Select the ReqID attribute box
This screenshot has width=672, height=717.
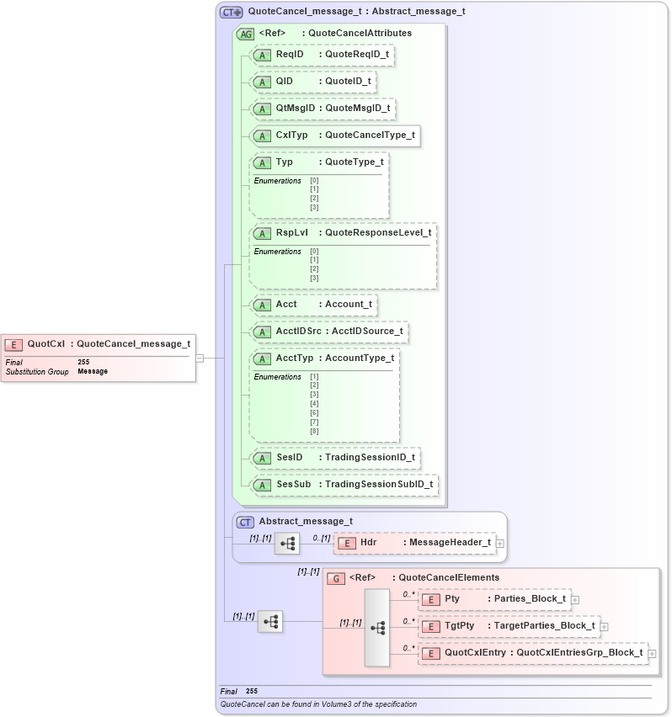(x=323, y=55)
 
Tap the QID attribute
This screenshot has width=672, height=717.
(x=313, y=82)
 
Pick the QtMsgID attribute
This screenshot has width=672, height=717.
(x=323, y=109)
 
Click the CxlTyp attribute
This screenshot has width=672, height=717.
(x=335, y=135)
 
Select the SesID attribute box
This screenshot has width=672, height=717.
(x=336, y=457)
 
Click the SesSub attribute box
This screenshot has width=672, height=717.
(x=344, y=484)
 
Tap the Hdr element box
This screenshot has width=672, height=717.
(x=416, y=543)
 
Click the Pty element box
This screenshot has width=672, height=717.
(x=495, y=599)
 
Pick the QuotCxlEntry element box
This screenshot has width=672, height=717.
(x=532, y=653)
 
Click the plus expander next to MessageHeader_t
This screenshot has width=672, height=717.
(x=500, y=544)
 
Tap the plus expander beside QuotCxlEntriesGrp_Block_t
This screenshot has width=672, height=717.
(x=652, y=654)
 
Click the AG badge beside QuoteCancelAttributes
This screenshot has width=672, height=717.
(x=246, y=34)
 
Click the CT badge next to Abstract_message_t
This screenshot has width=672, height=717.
(x=245, y=522)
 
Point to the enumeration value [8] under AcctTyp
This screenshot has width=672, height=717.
(x=314, y=432)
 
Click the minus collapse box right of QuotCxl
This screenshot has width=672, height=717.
(x=200, y=358)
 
